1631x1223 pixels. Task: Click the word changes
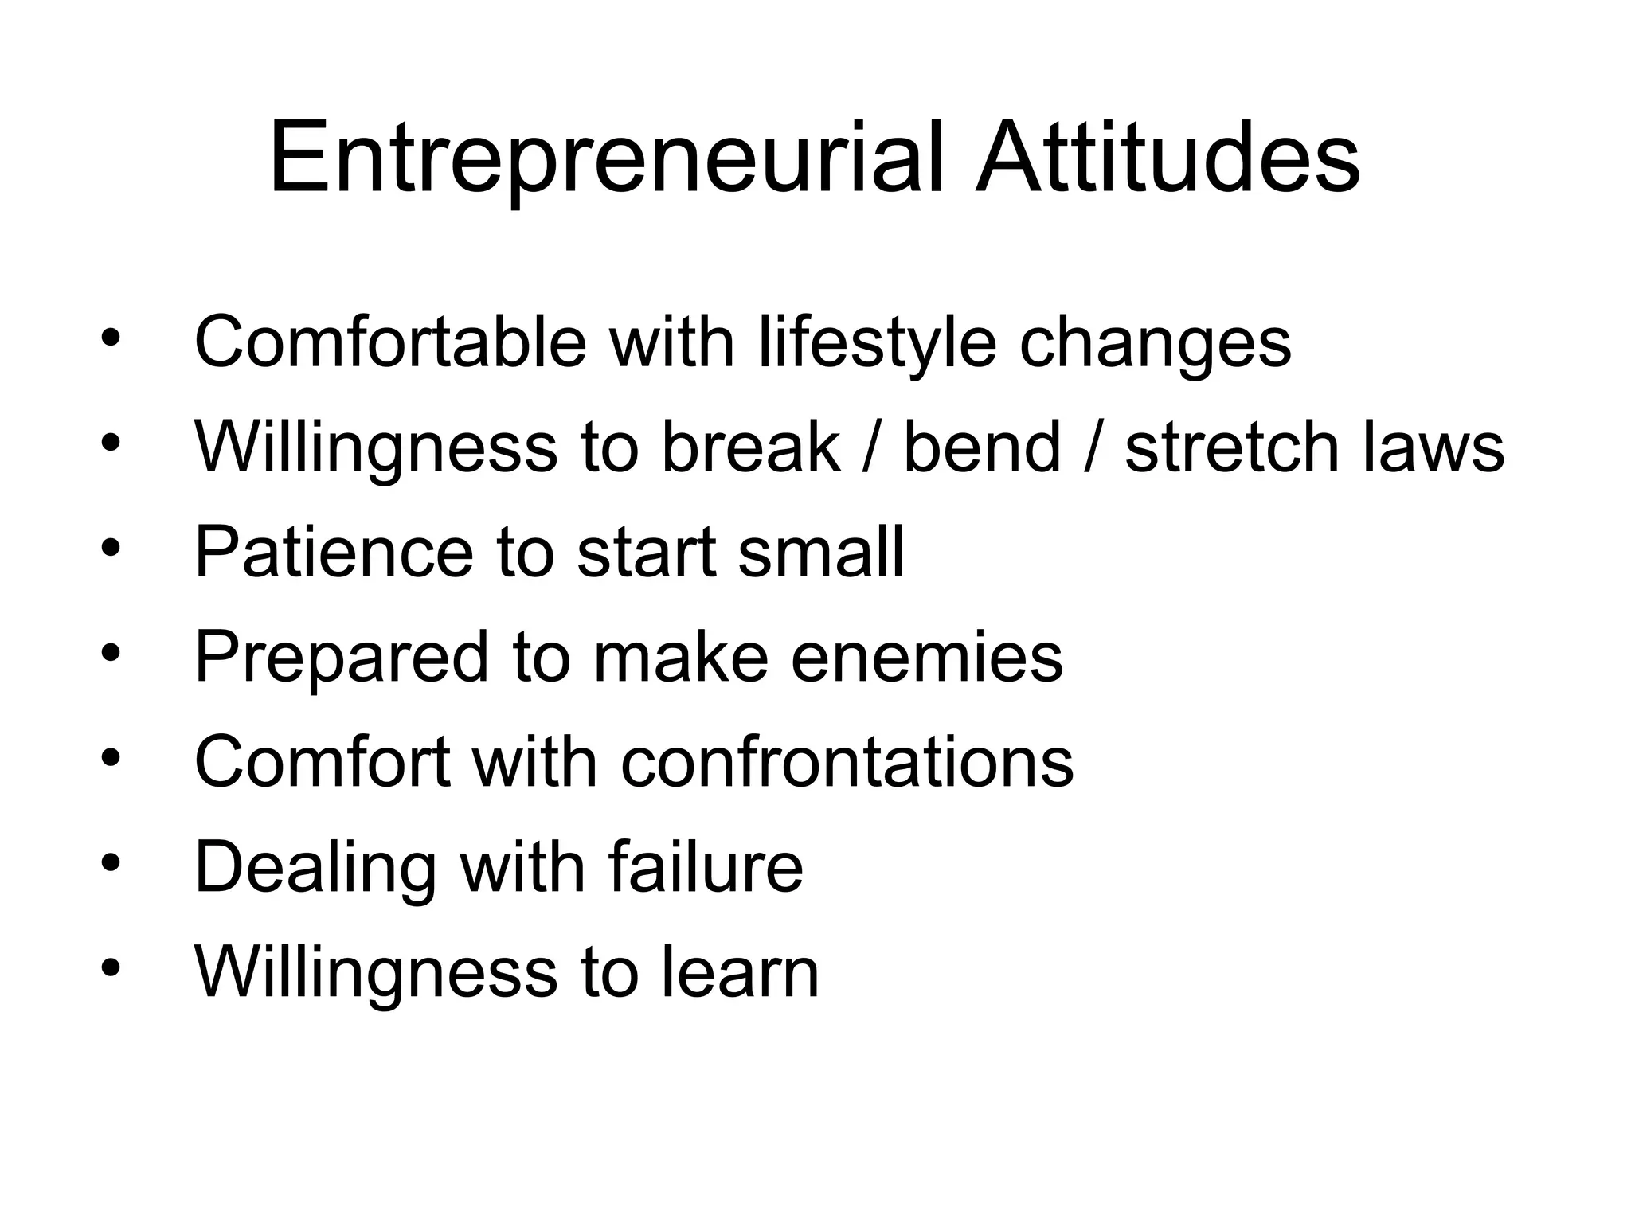click(x=1155, y=344)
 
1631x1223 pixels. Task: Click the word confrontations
click(x=847, y=762)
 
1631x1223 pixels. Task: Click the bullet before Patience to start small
click(x=111, y=548)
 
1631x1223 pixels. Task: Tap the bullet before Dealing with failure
click(x=111, y=863)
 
